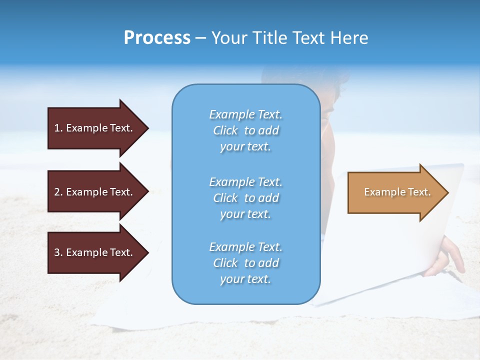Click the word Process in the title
[157, 37]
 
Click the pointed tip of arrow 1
[147, 128]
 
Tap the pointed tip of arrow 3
[147, 252]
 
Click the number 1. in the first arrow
[58, 128]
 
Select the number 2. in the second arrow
[58, 192]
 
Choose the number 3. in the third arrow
[58, 252]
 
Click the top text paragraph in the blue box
[245, 130]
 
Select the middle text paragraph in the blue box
[245, 198]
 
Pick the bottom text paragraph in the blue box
[245, 263]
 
